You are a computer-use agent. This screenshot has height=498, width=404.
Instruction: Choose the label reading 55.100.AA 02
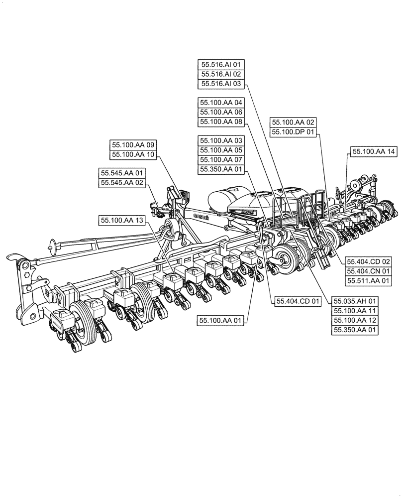293,122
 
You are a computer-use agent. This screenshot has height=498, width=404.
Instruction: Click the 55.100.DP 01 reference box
293,132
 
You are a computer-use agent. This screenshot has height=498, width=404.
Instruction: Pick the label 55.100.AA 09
134,145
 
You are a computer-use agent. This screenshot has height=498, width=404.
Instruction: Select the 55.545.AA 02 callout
122,183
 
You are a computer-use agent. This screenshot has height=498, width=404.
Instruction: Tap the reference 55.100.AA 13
122,220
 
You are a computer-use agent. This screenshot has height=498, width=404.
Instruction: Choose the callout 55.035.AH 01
356,301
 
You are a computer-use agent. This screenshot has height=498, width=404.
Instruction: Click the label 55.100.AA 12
356,320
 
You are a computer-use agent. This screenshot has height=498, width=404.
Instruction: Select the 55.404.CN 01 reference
369,271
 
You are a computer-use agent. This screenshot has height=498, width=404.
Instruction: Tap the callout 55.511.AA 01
369,281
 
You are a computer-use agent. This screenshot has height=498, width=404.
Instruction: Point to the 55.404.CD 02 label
369,261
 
